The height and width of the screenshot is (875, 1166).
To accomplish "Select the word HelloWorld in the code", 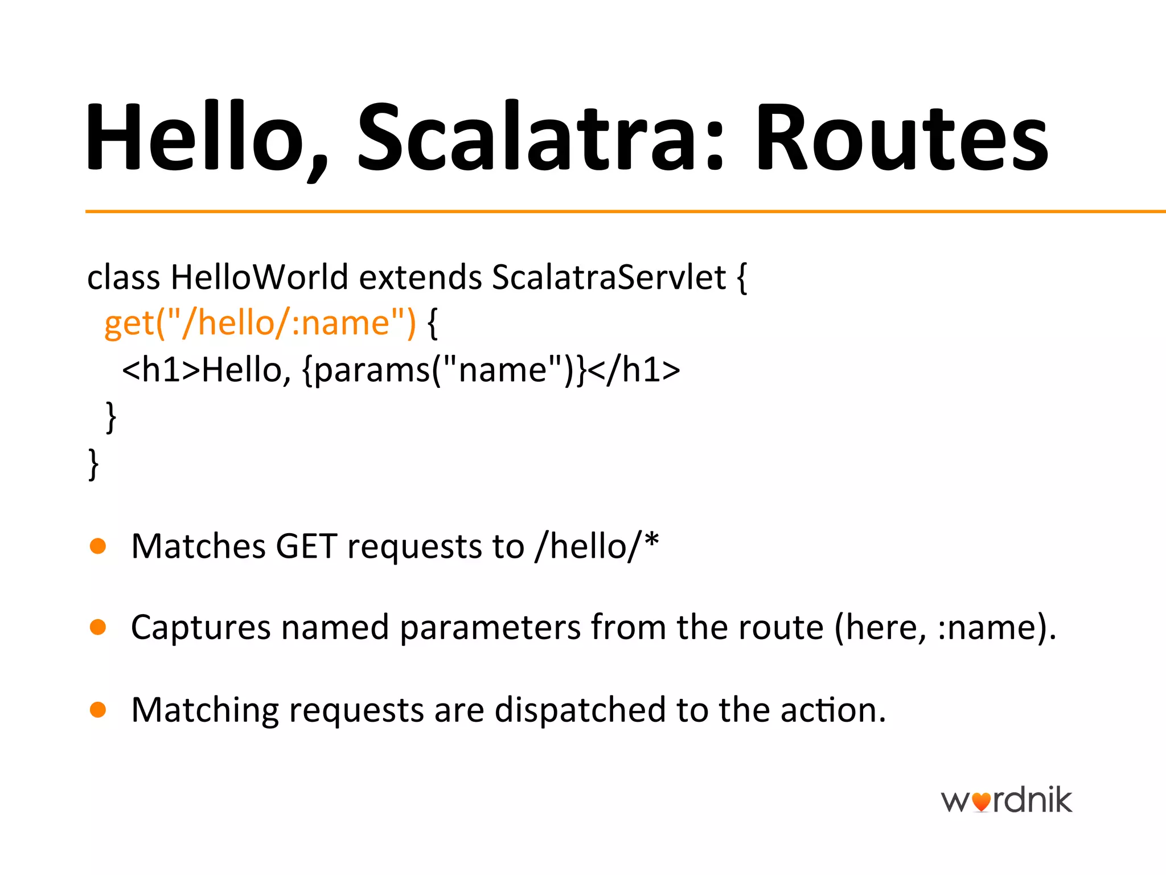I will [259, 277].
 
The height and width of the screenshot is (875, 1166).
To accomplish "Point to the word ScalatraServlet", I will [609, 277].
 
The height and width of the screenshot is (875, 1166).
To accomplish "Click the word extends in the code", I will [420, 277].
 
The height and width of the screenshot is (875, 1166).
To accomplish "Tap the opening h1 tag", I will [161, 370].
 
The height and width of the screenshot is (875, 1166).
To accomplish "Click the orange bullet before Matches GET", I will [98, 546].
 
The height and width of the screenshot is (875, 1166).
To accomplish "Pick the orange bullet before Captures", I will [98, 627].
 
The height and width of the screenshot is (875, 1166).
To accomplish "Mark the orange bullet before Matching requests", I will [98, 710].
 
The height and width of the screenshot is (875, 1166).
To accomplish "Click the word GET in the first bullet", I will [306, 546].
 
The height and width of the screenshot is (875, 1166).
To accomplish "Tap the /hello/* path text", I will [596, 546].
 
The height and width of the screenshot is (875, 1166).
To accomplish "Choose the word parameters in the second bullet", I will [490, 628].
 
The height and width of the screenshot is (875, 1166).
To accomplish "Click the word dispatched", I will [580, 710].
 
